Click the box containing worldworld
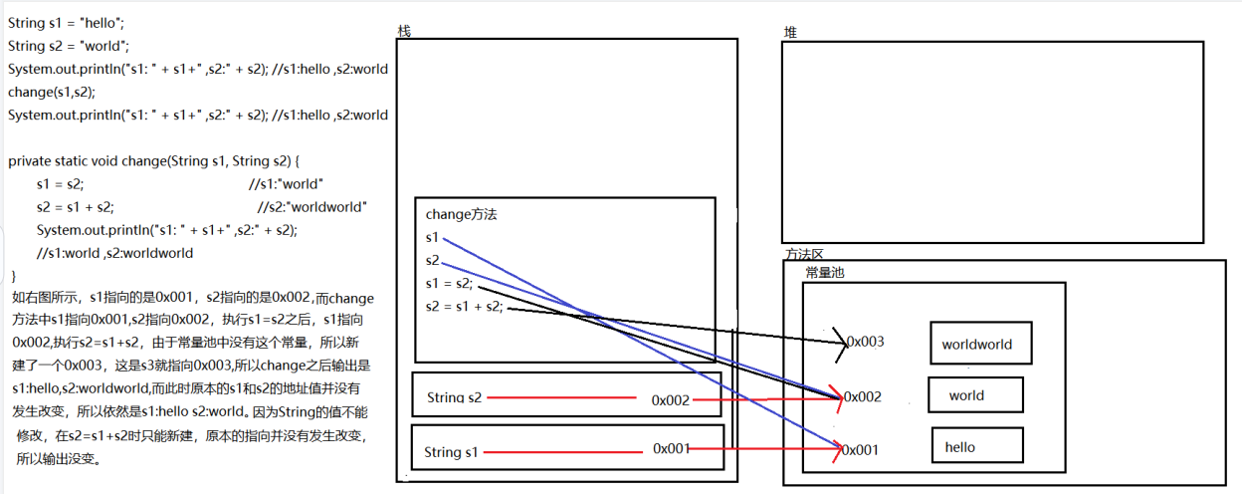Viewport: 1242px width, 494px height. pos(980,344)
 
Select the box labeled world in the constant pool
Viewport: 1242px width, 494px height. pos(975,395)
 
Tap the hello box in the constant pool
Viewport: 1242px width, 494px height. pos(976,446)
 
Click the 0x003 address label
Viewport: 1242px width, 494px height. pos(865,342)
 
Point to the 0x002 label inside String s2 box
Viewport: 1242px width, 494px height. pos(671,399)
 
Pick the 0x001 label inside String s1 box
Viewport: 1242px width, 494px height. pos(672,448)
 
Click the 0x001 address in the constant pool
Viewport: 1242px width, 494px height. pos(862,449)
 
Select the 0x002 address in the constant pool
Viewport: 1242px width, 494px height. pos(863,396)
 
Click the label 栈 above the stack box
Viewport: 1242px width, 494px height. pos(404,31)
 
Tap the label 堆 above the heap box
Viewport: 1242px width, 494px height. pos(790,33)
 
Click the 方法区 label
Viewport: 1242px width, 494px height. pos(804,255)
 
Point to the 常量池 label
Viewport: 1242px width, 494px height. pos(825,272)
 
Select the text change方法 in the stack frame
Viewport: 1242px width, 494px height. pos(461,214)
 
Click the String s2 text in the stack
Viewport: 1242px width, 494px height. pos(454,397)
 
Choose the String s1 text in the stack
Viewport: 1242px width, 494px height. pos(451,452)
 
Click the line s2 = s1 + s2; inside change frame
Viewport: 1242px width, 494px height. pos(464,306)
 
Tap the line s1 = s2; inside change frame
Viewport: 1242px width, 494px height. pos(449,283)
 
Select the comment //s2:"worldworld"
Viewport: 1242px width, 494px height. pos(312,207)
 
